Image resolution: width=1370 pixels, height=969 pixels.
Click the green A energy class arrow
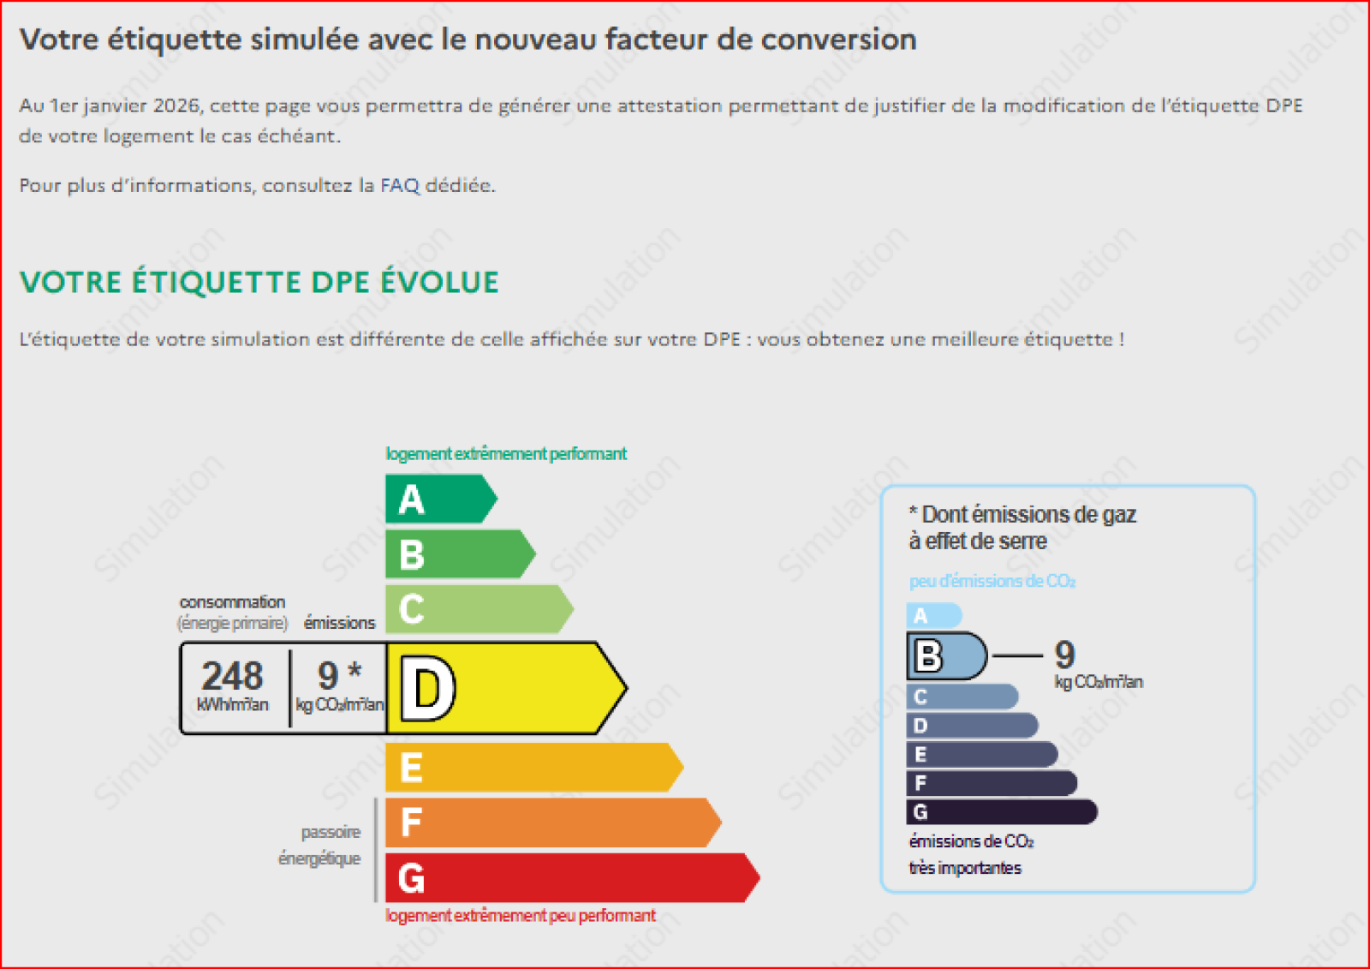441,499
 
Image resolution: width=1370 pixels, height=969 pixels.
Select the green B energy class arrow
461,554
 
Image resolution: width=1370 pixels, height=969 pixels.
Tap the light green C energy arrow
479,609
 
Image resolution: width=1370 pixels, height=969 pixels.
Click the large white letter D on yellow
428,689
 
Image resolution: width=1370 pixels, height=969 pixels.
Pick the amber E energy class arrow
534,768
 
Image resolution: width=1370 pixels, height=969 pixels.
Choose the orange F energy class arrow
553,822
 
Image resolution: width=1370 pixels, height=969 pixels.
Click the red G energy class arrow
573,878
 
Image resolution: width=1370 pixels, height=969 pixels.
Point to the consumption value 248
232,676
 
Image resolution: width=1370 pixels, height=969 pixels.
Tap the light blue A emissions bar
934,615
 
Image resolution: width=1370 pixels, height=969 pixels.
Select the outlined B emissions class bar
947,656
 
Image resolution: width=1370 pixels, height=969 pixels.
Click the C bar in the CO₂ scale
962,697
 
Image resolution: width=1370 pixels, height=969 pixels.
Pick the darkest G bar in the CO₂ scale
1002,811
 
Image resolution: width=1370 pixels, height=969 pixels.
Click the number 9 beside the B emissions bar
1065,655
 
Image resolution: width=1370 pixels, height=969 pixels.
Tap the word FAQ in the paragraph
400,185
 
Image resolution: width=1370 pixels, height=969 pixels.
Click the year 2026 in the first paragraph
176,106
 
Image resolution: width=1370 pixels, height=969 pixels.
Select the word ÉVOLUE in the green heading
440,282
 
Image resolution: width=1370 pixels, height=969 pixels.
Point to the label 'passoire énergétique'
320,846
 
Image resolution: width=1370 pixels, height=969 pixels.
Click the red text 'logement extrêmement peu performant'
521,916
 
